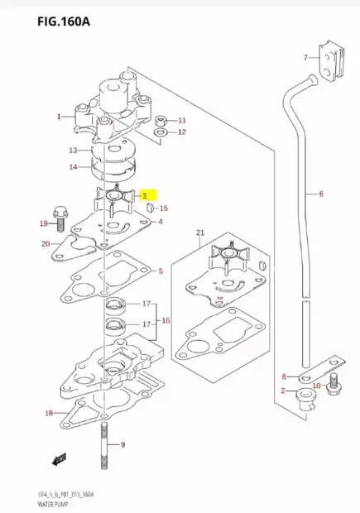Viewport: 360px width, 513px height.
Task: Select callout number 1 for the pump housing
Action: (x=58, y=117)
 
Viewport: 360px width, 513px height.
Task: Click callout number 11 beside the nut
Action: (x=183, y=120)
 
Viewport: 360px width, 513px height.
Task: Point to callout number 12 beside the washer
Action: (x=183, y=132)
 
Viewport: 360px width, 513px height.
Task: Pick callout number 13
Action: (x=73, y=151)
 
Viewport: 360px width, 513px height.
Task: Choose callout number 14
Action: (x=73, y=168)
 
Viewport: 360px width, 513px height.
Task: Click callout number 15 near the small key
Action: (x=164, y=209)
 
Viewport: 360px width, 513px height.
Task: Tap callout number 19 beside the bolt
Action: (x=44, y=224)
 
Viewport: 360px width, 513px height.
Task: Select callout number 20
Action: (x=46, y=244)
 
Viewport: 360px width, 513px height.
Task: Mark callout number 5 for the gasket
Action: (x=161, y=271)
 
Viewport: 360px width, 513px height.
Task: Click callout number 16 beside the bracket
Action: (x=166, y=320)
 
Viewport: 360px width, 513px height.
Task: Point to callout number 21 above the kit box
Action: (x=199, y=233)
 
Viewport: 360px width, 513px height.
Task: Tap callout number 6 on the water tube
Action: (x=321, y=196)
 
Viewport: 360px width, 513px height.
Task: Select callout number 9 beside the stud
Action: (x=122, y=445)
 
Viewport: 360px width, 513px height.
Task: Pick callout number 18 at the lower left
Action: (x=50, y=413)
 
